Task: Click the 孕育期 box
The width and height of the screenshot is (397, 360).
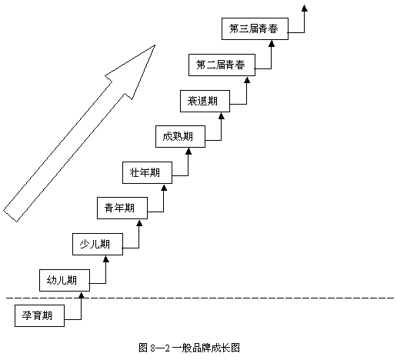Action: (x=39, y=315)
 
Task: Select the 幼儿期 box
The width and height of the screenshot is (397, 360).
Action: (x=65, y=280)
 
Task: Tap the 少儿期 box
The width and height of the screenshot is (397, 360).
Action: (x=98, y=244)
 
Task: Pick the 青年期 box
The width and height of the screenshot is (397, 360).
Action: (x=122, y=208)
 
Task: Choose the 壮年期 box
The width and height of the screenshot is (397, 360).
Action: (x=147, y=172)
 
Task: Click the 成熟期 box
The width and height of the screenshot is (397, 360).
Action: (x=180, y=136)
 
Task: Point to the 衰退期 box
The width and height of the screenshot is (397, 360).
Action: (x=205, y=101)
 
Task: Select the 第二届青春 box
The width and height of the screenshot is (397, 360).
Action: (x=222, y=65)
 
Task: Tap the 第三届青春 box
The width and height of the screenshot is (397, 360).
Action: (x=255, y=28)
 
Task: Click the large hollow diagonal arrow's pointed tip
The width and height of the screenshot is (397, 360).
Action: (x=155, y=45)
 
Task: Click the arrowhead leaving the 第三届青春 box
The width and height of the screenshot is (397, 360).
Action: (x=305, y=8)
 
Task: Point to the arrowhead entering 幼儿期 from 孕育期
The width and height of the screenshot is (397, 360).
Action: (x=82, y=295)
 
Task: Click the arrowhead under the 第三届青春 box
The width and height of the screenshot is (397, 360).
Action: (x=272, y=43)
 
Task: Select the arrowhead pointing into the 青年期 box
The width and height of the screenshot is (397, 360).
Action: (x=139, y=222)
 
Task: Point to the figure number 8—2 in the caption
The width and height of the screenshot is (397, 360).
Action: (x=160, y=348)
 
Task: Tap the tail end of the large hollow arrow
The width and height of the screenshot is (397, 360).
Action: (x=10, y=216)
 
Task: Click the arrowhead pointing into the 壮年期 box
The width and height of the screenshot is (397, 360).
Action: (x=164, y=187)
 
